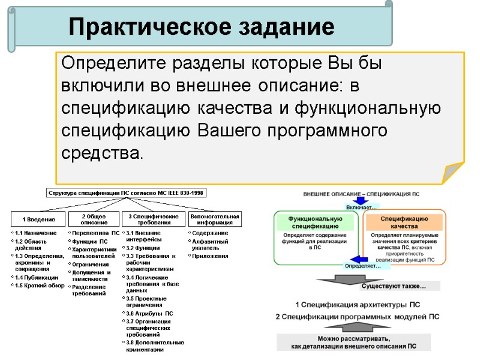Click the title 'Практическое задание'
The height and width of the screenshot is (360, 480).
click(x=201, y=26)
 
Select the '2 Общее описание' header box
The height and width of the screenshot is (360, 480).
click(x=94, y=219)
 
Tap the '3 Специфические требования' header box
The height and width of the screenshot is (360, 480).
click(x=154, y=219)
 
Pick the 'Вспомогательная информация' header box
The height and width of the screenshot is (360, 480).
click(x=214, y=219)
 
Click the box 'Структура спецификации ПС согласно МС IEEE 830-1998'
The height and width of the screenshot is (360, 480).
click(x=127, y=193)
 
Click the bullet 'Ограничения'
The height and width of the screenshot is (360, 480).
click(x=90, y=264)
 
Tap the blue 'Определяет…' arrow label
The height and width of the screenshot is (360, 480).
click(x=362, y=265)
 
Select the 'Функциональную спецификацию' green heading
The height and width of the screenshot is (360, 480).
click(x=315, y=223)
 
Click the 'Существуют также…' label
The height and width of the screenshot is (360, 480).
click(x=393, y=286)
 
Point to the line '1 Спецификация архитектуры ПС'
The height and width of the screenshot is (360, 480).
click(x=358, y=305)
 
